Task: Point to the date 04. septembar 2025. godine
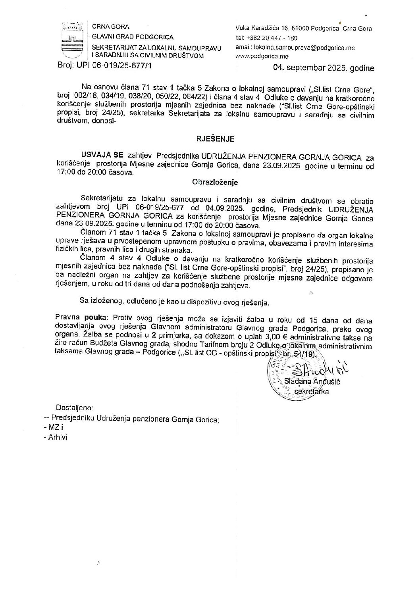pyautogui.click(x=324, y=68)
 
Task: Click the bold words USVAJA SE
pyautogui.click(x=102, y=154)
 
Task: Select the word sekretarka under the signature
pyautogui.click(x=315, y=390)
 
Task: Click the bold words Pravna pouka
pyautogui.click(x=82, y=317)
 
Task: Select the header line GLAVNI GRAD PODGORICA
pyautogui.click(x=133, y=37)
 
